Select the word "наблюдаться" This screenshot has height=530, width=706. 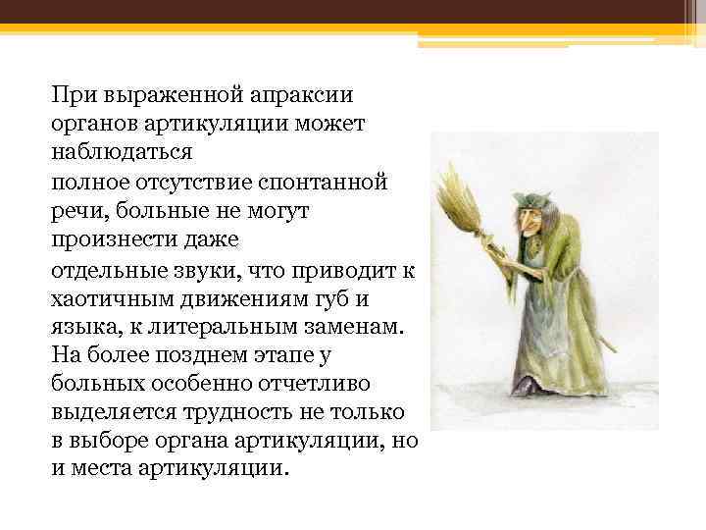tap(124, 153)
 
